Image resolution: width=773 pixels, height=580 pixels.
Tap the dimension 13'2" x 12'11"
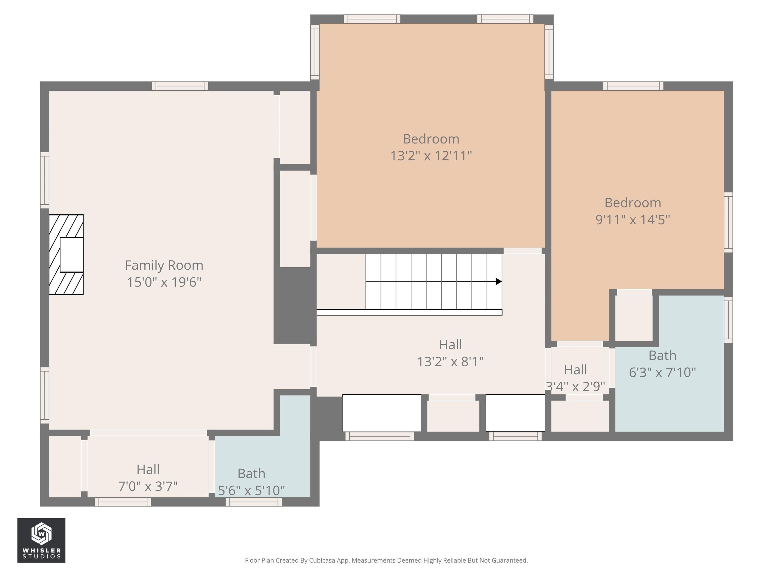(431, 156)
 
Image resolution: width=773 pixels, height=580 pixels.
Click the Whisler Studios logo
(41, 540)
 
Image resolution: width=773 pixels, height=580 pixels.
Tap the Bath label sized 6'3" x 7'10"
(662, 355)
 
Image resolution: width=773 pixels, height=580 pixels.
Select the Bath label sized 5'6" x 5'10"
(251, 474)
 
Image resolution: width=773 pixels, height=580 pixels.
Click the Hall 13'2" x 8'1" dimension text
(450, 361)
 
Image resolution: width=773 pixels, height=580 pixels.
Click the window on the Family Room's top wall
(180, 86)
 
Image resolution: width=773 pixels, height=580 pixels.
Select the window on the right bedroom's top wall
(633, 86)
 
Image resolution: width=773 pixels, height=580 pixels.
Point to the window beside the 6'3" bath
(728, 320)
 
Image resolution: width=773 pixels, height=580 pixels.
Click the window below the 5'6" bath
(254, 502)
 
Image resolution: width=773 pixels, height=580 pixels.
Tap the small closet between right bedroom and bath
(634, 318)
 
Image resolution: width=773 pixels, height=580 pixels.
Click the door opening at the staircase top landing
(522, 251)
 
